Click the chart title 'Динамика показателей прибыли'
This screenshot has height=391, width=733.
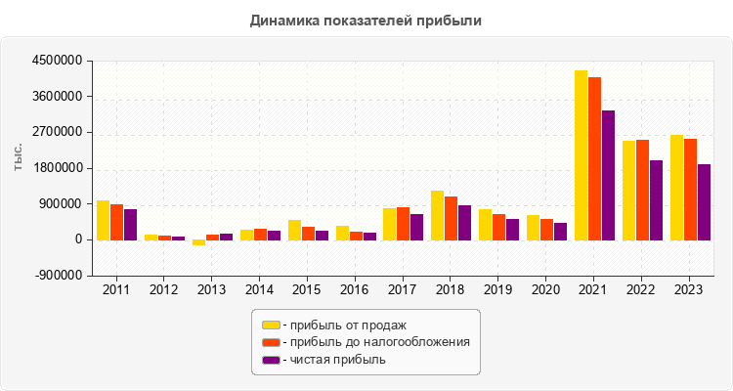click(366, 20)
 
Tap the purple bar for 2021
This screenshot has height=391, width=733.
click(608, 175)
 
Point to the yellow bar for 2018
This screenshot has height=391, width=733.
click(437, 215)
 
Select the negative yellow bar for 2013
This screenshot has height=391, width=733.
click(198, 242)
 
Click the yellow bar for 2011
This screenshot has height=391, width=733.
click(103, 220)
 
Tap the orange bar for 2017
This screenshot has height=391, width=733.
click(403, 223)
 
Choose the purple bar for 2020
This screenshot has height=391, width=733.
click(560, 231)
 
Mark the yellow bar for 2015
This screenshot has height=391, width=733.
click(294, 230)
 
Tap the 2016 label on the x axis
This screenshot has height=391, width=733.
click(355, 289)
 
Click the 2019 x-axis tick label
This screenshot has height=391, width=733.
click(498, 289)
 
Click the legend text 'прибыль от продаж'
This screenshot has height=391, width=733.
click(342, 325)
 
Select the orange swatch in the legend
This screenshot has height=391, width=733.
click(271, 342)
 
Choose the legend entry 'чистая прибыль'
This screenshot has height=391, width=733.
click(332, 360)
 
